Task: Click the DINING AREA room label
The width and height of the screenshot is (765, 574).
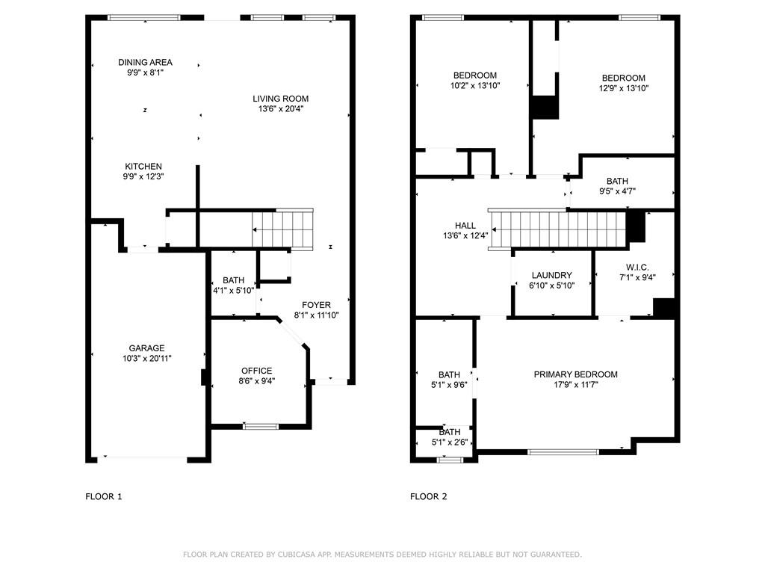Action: [x=145, y=63]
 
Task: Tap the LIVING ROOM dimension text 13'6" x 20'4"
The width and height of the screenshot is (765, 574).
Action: [x=280, y=109]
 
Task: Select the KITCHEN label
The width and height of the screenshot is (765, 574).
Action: [x=143, y=167]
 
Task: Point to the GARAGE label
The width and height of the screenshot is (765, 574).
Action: [x=146, y=348]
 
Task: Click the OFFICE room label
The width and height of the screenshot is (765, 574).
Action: [x=256, y=371]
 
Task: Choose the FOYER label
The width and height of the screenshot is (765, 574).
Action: [x=316, y=305]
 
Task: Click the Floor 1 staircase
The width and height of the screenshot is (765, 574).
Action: [x=282, y=229]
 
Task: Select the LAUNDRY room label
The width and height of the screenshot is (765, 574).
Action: [x=552, y=276]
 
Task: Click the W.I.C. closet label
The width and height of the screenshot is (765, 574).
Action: [x=637, y=267]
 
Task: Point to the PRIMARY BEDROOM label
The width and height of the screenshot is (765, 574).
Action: [x=575, y=375]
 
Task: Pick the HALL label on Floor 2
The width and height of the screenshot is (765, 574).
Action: [x=465, y=226]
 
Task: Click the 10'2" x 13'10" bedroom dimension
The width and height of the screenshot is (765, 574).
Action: [x=474, y=86]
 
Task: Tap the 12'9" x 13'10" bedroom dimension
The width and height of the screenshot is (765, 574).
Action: [x=624, y=88]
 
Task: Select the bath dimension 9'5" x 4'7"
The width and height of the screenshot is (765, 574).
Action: [x=617, y=191]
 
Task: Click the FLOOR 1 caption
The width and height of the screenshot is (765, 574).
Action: [x=103, y=496]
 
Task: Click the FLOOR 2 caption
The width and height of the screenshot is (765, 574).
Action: [x=429, y=496]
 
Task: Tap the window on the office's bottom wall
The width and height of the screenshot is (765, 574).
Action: [x=261, y=427]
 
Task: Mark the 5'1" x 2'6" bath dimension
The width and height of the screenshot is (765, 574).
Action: [x=449, y=442]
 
